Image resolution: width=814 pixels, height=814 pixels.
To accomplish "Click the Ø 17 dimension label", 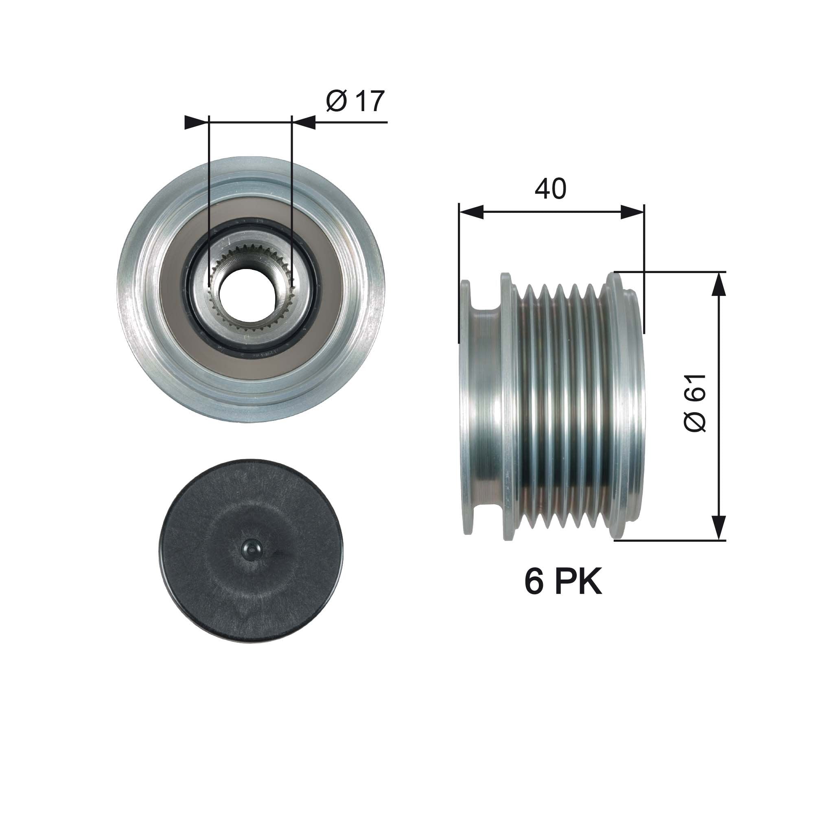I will point(355,101).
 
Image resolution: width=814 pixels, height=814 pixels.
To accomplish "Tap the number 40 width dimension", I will point(550,189).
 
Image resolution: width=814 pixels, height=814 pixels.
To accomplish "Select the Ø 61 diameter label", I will point(695,403).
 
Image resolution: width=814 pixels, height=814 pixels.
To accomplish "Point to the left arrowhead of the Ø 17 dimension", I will point(197,123).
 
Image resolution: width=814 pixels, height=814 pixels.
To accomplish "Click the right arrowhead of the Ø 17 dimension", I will point(303,123).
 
